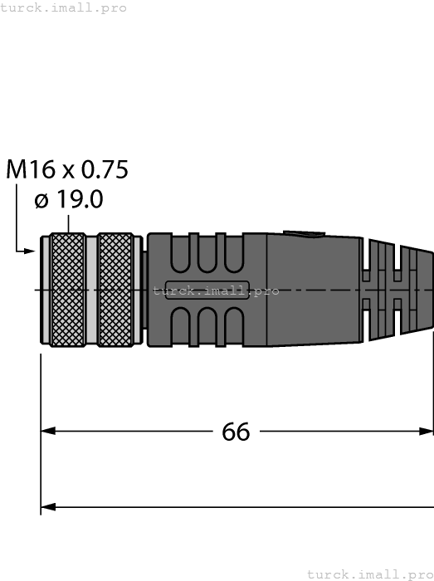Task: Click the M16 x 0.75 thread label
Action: click(67, 169)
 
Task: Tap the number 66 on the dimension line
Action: click(237, 432)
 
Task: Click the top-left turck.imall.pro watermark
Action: click(64, 7)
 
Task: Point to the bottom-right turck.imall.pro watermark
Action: click(370, 574)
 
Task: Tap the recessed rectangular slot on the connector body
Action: click(207, 290)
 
